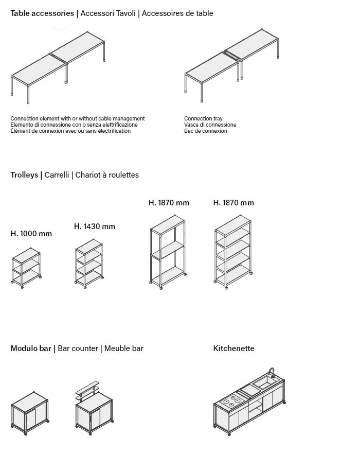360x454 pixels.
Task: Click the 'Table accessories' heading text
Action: (x=42, y=13)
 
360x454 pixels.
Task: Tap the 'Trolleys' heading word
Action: (x=24, y=175)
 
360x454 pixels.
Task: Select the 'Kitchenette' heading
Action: (x=233, y=348)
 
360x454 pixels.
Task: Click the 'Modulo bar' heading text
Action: (x=31, y=348)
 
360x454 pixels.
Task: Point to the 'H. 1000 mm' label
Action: (x=31, y=234)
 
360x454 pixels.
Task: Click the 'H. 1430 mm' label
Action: (x=95, y=226)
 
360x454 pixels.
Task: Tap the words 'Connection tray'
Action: (x=203, y=119)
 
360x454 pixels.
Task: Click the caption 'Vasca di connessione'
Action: (x=210, y=125)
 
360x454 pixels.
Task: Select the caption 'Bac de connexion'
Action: (x=205, y=131)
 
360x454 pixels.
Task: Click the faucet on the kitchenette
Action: (x=272, y=373)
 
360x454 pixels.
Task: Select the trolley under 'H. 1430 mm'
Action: (x=88, y=264)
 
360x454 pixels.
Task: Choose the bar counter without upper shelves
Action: (x=30, y=414)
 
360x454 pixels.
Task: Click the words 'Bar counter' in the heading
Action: (x=78, y=348)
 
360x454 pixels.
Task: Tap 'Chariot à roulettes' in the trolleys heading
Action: (x=107, y=175)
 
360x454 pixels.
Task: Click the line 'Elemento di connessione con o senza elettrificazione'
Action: (x=74, y=125)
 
